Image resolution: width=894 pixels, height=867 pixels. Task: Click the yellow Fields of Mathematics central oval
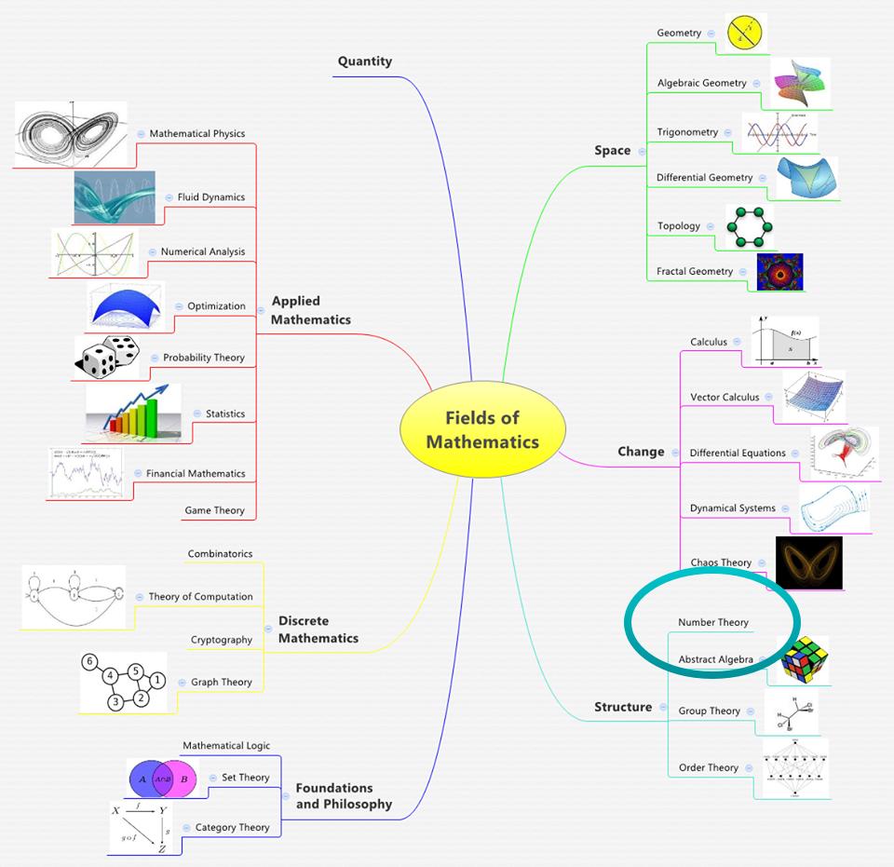481,429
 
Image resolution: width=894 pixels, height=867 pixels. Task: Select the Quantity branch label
365,61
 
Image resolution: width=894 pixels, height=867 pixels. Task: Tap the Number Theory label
712,622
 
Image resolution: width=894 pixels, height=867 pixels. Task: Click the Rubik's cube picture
804,660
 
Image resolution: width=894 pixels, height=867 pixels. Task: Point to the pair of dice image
107,358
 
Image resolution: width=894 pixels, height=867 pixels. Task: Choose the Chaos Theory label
721,562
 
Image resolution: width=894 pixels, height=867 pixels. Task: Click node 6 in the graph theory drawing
90,661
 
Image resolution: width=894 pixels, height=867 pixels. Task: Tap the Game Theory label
214,510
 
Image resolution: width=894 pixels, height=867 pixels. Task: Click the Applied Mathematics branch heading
311,310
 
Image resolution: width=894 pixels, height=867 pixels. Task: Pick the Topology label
679,226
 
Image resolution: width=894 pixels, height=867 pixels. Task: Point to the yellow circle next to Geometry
746,33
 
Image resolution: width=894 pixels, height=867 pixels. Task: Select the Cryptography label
222,640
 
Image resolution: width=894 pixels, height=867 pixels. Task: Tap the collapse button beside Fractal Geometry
743,272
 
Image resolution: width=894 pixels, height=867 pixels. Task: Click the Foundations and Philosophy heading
344,795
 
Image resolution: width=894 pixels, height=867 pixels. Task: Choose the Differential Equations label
738,454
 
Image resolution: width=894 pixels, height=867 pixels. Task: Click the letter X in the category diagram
115,811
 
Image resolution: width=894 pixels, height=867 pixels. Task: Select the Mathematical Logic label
226,746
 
